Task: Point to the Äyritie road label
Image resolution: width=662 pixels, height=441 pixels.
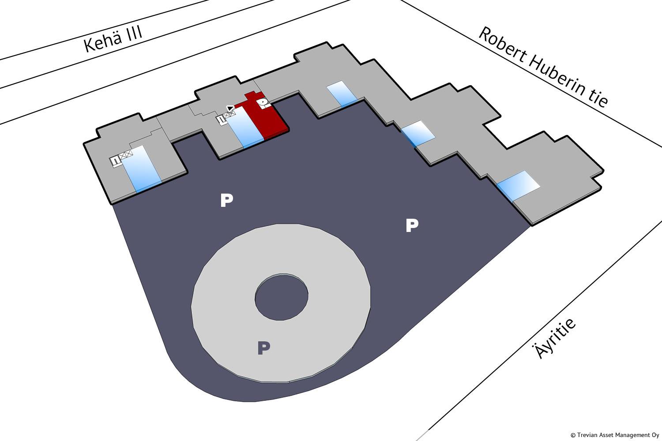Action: tap(555, 338)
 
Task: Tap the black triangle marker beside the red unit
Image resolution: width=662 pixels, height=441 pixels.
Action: tap(230, 108)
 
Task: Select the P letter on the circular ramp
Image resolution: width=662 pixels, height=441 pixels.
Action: tap(263, 348)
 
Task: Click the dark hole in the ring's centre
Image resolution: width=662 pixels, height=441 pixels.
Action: tap(281, 296)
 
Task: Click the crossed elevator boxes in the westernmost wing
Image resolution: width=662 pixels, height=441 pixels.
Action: tap(125, 155)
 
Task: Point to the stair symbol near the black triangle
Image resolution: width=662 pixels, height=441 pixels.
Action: tap(220, 119)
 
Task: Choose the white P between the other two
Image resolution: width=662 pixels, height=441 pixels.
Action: tap(226, 201)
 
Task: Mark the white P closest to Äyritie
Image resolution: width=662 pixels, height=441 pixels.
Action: tap(411, 225)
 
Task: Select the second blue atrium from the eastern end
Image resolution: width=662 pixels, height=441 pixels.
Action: tap(418, 132)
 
